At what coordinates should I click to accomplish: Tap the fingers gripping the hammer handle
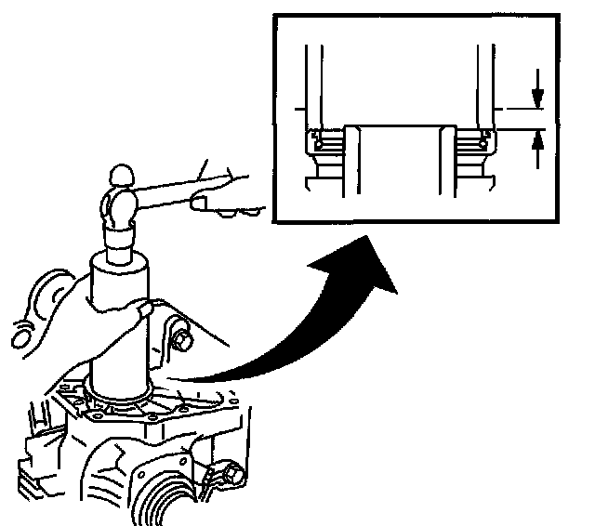click(210, 202)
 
